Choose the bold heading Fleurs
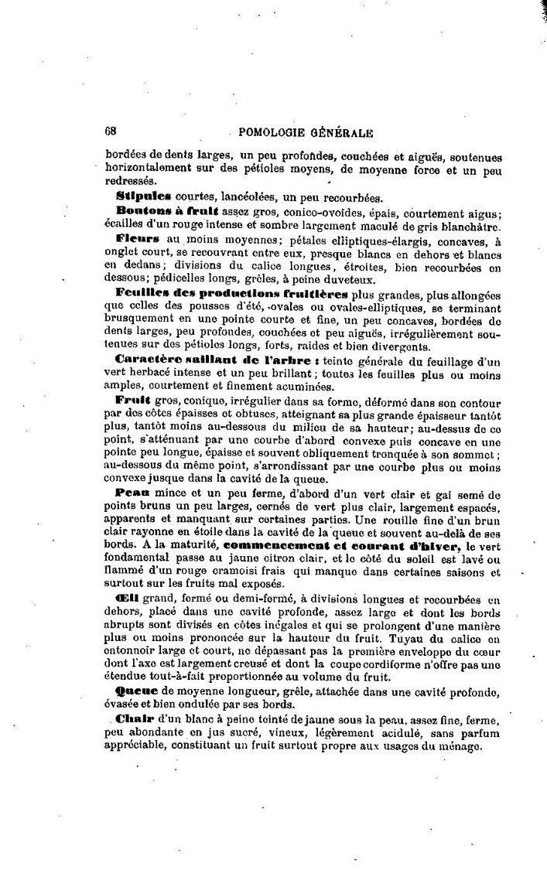pos(138,240)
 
